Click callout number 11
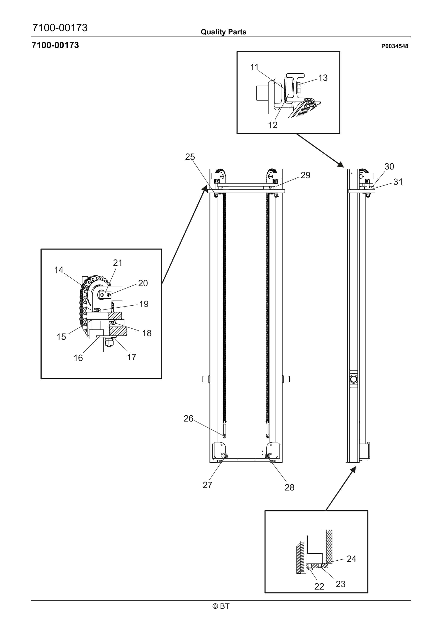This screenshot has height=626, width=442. click(254, 67)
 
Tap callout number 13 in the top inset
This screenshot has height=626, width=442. click(323, 78)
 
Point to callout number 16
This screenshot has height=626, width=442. click(78, 358)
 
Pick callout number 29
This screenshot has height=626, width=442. click(305, 175)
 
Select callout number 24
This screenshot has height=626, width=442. click(351, 559)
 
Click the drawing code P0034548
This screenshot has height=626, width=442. click(395, 46)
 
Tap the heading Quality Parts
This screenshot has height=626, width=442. click(223, 32)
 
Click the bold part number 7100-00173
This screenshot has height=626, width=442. click(55, 45)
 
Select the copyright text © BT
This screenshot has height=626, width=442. click(221, 606)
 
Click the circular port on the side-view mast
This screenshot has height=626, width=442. click(353, 379)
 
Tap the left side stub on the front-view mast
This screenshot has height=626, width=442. click(206, 379)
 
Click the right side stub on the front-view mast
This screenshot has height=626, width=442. click(286, 379)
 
